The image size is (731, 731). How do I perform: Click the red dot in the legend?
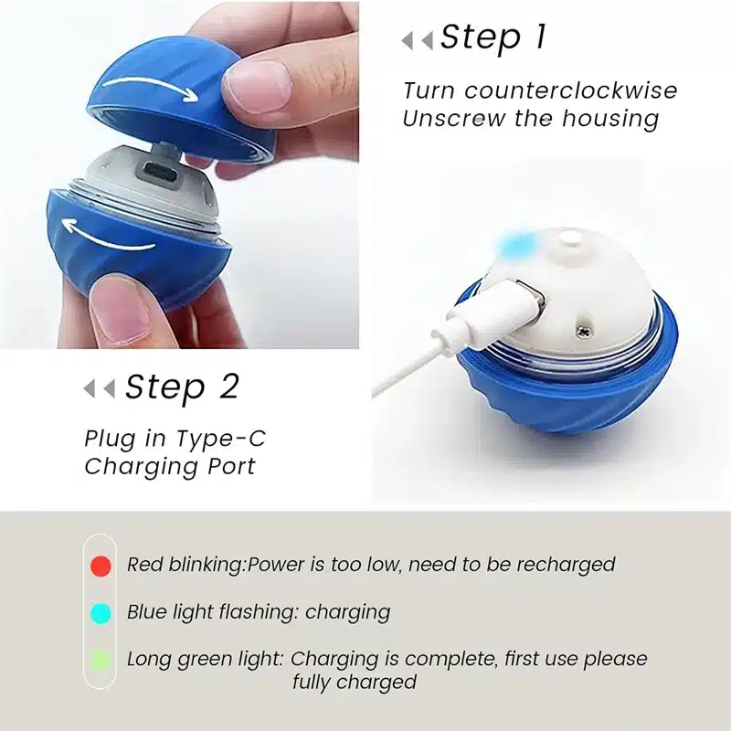point(101,566)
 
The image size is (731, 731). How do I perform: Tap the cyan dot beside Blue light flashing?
point(101,611)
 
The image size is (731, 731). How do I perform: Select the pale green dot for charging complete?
point(101,659)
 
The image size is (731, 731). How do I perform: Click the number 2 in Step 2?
point(228,387)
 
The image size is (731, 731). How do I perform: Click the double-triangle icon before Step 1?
point(417,40)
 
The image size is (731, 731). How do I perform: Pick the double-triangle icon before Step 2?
point(99,388)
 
